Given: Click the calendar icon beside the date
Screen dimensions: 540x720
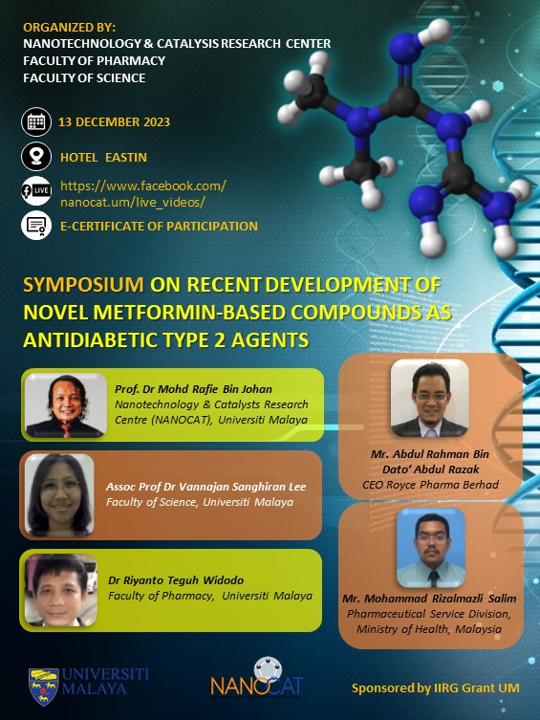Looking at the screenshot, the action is pos(36,122).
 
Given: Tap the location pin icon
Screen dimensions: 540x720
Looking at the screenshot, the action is pos(36,157).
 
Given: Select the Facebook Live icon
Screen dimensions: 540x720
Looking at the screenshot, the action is pos(36,190).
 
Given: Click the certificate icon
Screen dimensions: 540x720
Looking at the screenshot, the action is pos(36,226).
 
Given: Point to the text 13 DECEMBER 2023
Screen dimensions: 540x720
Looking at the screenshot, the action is pos(115,122).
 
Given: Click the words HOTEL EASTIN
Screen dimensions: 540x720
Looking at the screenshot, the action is pos(103,158).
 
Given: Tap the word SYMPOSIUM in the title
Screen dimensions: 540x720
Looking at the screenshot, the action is pos(83,285).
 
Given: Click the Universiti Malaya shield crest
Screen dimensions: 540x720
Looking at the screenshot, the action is pos(44,686).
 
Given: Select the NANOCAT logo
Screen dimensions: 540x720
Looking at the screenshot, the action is pos(257,678).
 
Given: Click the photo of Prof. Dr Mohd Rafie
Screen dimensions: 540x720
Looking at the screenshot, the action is pos(66,405).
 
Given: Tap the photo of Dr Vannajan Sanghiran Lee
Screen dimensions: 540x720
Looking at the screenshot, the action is pos(59,495).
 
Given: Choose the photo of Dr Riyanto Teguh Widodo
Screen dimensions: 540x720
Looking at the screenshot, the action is pos(60,590).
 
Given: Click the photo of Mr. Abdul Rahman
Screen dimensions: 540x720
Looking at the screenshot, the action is pos(429,398).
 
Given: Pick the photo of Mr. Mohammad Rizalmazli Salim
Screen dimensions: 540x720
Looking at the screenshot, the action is pos(431,548).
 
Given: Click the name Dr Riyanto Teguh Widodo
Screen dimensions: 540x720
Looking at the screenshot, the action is pos(176,580).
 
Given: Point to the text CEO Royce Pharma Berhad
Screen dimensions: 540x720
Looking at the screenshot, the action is pos(430,485).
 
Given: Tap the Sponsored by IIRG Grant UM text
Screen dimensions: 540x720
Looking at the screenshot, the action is pos(436,687).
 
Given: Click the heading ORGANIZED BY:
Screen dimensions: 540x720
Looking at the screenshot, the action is pos(69,28).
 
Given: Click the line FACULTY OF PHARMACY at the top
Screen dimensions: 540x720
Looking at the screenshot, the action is pos(94,60).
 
